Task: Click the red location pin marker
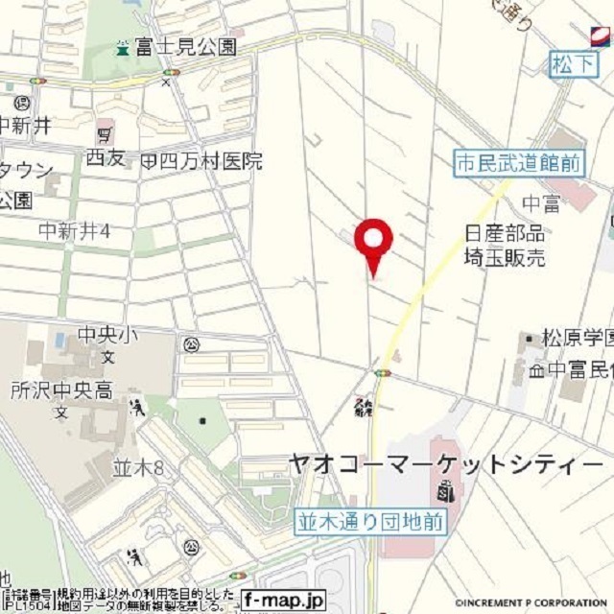coord(373,240)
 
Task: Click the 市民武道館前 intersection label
coord(518,163)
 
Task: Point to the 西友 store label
coord(106,159)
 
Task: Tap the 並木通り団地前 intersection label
coord(369,522)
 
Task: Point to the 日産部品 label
coord(504,233)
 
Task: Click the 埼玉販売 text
coord(504,257)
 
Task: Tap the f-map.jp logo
coord(283,599)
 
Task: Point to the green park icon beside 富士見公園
coord(122,46)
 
